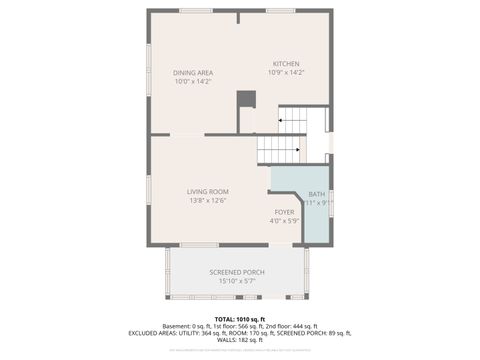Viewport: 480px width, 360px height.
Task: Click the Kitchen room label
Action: (x=286, y=64)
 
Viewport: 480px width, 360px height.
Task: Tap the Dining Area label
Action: (x=192, y=73)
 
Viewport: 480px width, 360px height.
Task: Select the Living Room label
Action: (x=208, y=191)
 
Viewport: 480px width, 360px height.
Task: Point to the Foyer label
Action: (x=284, y=212)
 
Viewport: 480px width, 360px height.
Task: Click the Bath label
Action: (x=316, y=194)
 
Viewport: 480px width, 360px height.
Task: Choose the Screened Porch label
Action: (x=236, y=272)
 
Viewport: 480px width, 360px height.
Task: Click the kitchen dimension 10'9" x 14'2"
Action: (x=286, y=72)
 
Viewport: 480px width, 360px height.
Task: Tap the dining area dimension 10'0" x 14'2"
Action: (x=192, y=81)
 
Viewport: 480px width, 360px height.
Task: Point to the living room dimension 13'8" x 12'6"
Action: (x=208, y=200)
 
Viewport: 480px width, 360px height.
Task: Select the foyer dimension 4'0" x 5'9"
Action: (x=284, y=220)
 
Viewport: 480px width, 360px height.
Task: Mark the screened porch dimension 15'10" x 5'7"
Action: (x=236, y=281)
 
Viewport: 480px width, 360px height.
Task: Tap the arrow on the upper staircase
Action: (x=282, y=121)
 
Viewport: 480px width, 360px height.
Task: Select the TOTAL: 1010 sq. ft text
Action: (x=240, y=318)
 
